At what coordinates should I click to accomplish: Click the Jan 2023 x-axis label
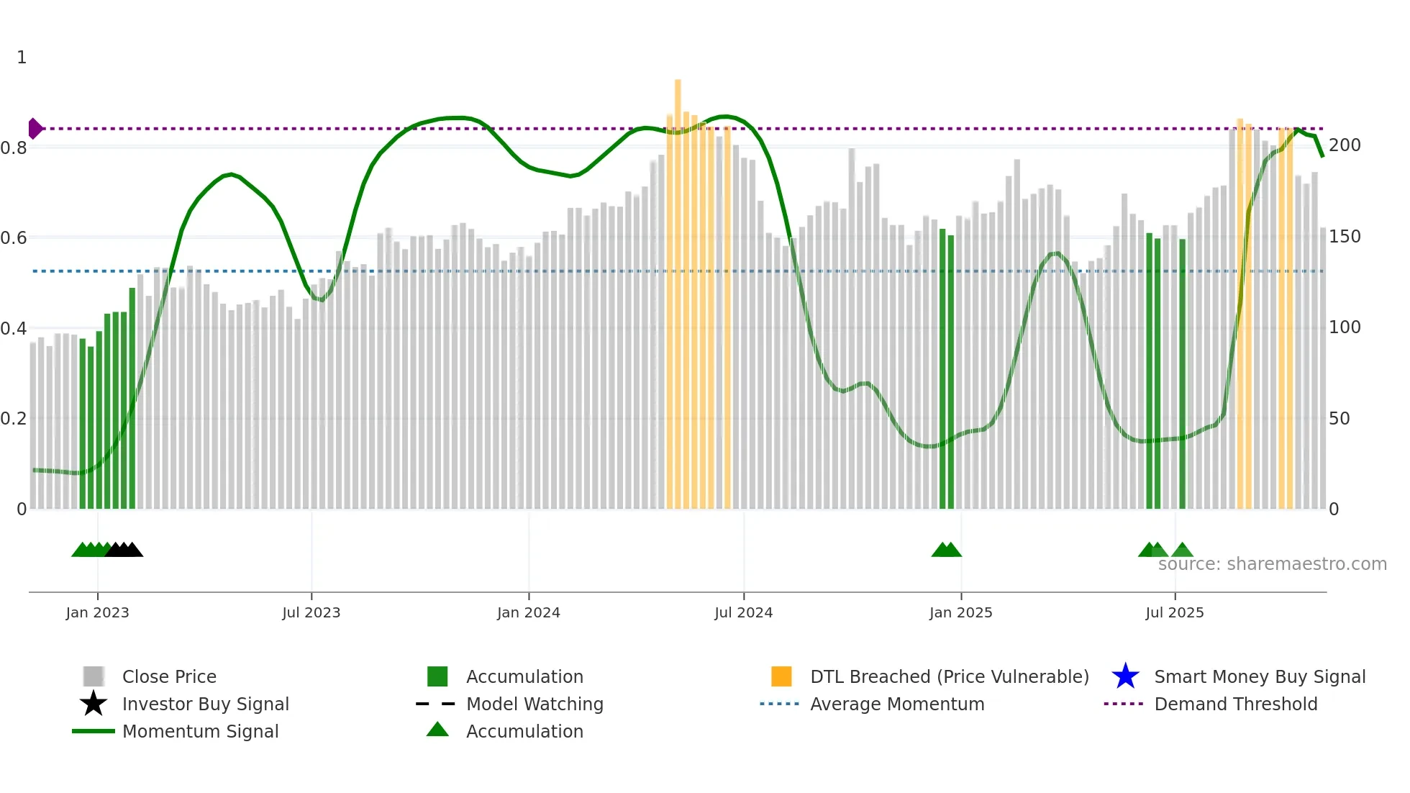tap(97, 612)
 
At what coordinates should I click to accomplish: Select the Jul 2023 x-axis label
tap(311, 612)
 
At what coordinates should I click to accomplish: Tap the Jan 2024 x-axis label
tap(528, 612)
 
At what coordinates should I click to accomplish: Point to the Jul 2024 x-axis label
tap(743, 612)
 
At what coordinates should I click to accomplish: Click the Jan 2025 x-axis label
tap(960, 612)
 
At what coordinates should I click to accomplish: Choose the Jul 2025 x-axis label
tap(1174, 612)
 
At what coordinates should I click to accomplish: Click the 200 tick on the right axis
tap(1345, 145)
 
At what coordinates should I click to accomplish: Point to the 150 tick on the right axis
tap(1345, 237)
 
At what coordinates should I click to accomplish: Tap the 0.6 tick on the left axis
tap(14, 238)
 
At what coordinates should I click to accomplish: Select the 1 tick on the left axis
tap(22, 58)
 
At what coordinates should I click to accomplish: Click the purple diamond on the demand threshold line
tap(35, 129)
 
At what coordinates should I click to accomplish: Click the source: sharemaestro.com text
tap(1272, 564)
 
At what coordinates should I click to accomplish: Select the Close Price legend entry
tap(169, 677)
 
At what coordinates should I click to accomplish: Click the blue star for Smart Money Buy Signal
tap(1125, 677)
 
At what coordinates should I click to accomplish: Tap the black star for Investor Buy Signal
tap(94, 704)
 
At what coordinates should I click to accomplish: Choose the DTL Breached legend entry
tap(949, 677)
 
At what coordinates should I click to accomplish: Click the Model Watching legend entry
tap(535, 704)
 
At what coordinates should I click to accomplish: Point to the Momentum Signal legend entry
tap(200, 732)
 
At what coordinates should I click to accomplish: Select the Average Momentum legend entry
tap(897, 704)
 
